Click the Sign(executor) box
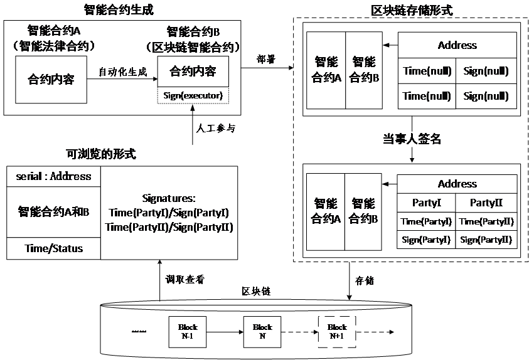click(193, 95)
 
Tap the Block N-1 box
click(188, 331)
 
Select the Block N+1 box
click(336, 331)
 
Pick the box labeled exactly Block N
click(262, 331)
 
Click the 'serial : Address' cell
click(53, 176)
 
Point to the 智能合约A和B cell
click(53, 212)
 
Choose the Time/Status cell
click(53, 248)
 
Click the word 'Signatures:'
click(169, 197)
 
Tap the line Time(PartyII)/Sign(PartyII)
click(169, 227)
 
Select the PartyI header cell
click(427, 203)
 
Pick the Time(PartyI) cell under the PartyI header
click(427, 221)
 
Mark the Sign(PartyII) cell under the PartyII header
click(486, 240)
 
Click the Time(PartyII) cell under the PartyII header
click(486, 221)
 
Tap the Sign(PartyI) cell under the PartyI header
click(427, 240)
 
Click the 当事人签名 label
click(412, 139)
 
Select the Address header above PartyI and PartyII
click(457, 184)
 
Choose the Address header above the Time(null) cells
click(457, 45)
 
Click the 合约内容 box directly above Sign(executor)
click(193, 71)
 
